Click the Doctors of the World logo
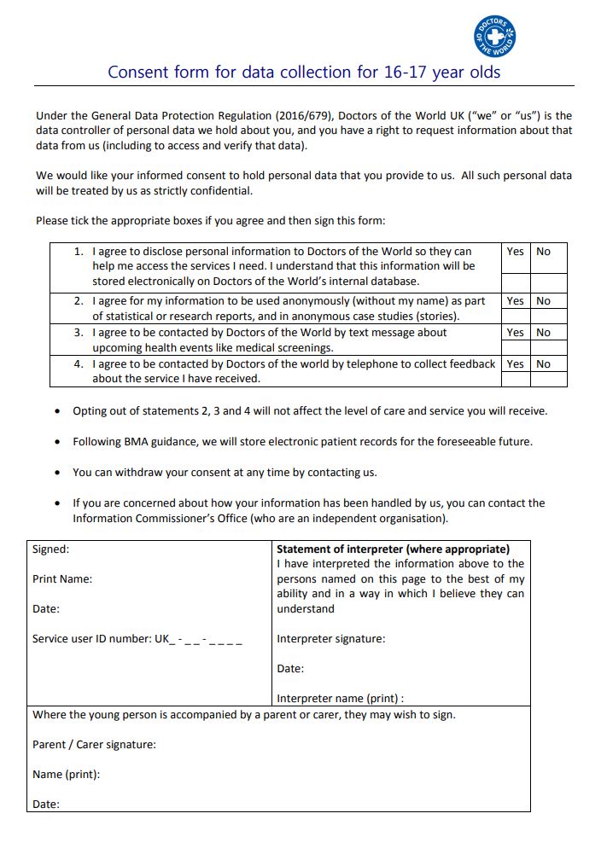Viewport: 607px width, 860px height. pyautogui.click(x=494, y=37)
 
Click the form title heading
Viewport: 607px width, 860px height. pyautogui.click(x=304, y=72)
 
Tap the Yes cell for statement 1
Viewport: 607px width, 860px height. pyautogui.click(x=515, y=252)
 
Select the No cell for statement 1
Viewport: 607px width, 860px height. pyautogui.click(x=543, y=252)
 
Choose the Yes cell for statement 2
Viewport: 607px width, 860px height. pyautogui.click(x=515, y=301)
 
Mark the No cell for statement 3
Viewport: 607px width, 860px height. pyautogui.click(x=543, y=333)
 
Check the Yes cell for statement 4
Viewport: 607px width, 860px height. pyautogui.click(x=515, y=364)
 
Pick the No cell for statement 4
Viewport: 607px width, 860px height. pyautogui.click(x=543, y=364)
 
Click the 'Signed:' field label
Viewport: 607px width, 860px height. pyautogui.click(x=51, y=549)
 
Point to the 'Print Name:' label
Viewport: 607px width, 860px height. pyautogui.click(x=62, y=579)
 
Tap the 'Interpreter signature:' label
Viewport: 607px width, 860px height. pyautogui.click(x=330, y=639)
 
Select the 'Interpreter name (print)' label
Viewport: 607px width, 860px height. pyautogui.click(x=340, y=699)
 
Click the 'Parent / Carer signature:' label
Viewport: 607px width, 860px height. pyautogui.click(x=94, y=745)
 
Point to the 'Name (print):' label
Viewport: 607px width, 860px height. pyautogui.click(x=66, y=775)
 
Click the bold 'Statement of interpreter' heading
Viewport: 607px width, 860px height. pyautogui.click(x=393, y=549)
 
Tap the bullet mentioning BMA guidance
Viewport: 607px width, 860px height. pyautogui.click(x=302, y=442)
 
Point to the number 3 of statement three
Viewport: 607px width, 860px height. pyautogui.click(x=78, y=333)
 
